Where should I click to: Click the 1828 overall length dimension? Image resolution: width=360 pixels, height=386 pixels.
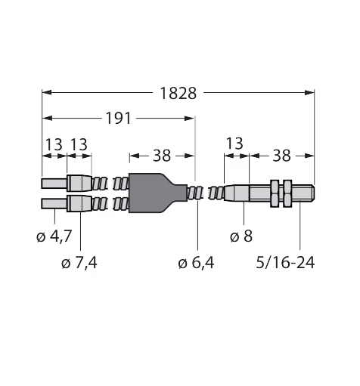pos(178,94)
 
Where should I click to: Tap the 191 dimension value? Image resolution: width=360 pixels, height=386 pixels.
pos(118,119)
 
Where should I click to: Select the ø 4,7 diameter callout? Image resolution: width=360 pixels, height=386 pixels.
pos(54,236)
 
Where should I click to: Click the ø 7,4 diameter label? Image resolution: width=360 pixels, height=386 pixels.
pos(79,263)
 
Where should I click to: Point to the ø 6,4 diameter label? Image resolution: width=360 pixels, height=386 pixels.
pos(196,263)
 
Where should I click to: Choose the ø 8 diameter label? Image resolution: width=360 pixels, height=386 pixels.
pos(241,236)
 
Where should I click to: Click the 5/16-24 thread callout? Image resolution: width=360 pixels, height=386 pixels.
pos(285,263)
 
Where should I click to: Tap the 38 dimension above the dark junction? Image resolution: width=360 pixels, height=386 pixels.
pos(162,156)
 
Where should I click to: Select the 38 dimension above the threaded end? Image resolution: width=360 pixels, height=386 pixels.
pos(281,156)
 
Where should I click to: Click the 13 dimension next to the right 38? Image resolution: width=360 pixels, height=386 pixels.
pos(234,144)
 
